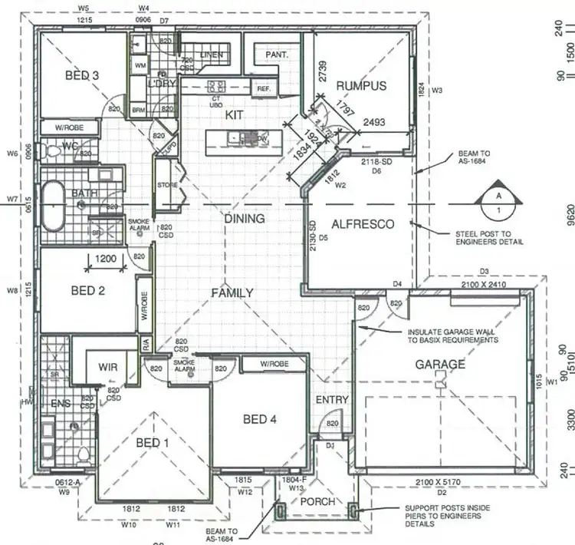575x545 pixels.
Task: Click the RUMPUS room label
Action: [361, 86]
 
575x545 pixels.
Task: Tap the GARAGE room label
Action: [441, 365]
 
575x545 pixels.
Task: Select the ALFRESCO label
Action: [362, 224]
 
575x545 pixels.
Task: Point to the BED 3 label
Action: [81, 75]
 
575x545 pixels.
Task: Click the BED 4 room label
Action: [260, 419]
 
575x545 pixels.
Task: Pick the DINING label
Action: [244, 219]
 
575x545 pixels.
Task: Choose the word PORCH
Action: [317, 502]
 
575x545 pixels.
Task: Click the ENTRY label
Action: [331, 400]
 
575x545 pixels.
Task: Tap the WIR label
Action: [107, 368]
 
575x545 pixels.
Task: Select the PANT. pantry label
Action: [276, 55]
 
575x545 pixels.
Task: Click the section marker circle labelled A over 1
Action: [498, 201]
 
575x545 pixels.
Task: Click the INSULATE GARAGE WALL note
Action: [452, 335]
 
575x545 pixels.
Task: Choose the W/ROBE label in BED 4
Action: [274, 364]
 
